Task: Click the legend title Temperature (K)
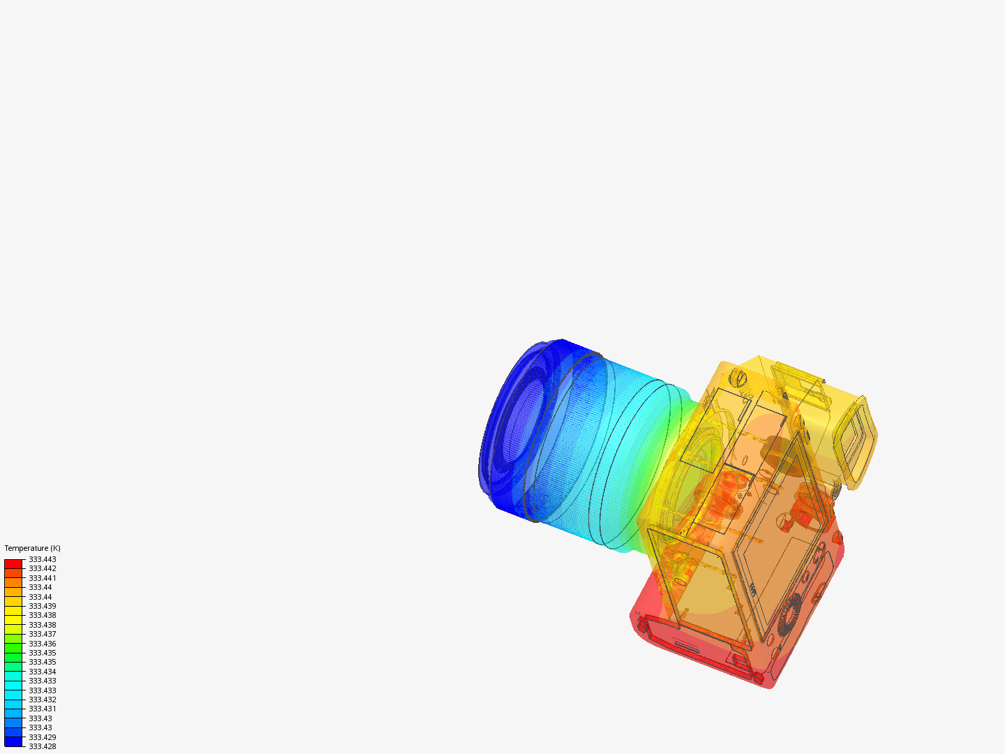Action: [x=33, y=548]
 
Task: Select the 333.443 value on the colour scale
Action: [x=43, y=559]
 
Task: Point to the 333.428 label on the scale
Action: [x=43, y=746]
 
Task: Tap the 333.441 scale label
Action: [x=43, y=578]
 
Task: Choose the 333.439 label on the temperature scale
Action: [x=43, y=606]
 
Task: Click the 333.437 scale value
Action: [x=43, y=634]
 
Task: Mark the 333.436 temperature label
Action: [x=43, y=643]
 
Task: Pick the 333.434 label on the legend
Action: [x=43, y=672]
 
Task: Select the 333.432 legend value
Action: [x=43, y=700]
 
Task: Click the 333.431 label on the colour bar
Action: [x=43, y=709]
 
